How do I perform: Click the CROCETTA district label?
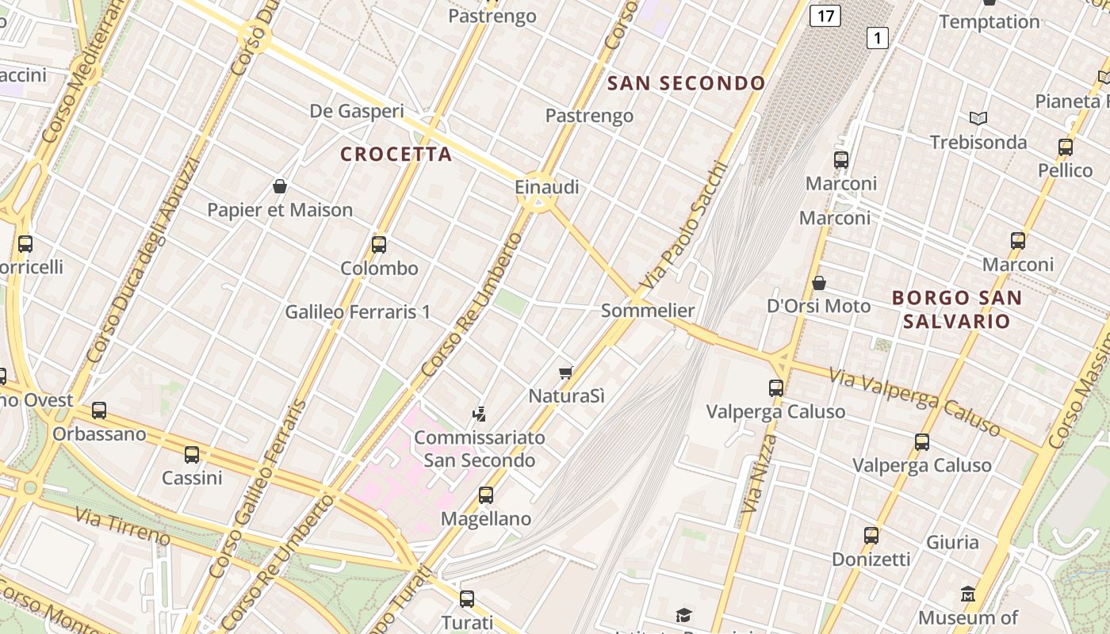[396, 154]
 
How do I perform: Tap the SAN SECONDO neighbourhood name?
[687, 83]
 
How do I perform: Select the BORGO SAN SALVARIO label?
[957, 309]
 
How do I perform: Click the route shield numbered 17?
[825, 15]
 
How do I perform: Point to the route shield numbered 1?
[877, 37]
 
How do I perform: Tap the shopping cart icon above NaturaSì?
[565, 372]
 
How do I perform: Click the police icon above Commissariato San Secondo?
[479, 413]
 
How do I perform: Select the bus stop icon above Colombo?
[379, 244]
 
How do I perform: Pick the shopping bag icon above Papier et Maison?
[279, 186]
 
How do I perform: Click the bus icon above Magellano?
[486, 495]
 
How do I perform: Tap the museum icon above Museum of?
[967, 594]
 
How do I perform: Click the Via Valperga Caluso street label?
[916, 402]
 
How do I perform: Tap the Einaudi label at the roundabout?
[547, 187]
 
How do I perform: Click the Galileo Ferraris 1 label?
[358, 312]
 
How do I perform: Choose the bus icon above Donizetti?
[871, 536]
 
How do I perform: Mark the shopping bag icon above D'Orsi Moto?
[819, 283]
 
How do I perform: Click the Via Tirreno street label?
[123, 525]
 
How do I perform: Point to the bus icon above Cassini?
[192, 455]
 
